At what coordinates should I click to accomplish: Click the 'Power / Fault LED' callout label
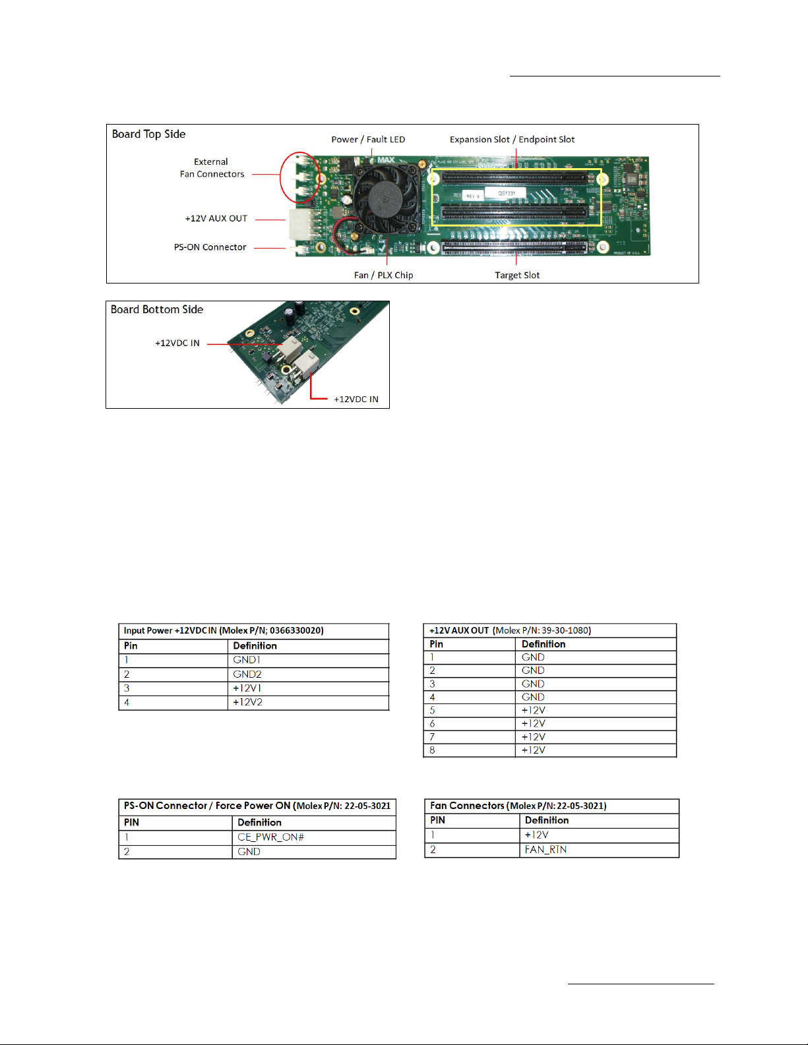tap(368, 140)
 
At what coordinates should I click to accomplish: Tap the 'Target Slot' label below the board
tap(517, 275)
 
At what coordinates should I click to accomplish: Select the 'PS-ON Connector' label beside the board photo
tap(210, 247)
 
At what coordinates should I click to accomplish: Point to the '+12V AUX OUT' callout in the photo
tap(216, 218)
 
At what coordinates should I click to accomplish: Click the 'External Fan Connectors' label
tap(212, 168)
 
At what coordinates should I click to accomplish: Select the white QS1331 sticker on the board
tap(505, 193)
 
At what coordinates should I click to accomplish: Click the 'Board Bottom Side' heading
tap(157, 309)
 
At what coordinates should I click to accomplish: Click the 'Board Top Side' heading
tap(148, 134)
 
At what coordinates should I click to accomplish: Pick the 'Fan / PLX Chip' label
tap(383, 275)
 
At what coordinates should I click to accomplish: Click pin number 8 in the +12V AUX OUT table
tap(433, 750)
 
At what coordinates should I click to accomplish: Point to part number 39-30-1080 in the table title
tap(566, 630)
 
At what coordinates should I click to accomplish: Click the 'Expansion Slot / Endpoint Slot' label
tap(513, 140)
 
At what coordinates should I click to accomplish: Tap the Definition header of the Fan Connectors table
tap(546, 820)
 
